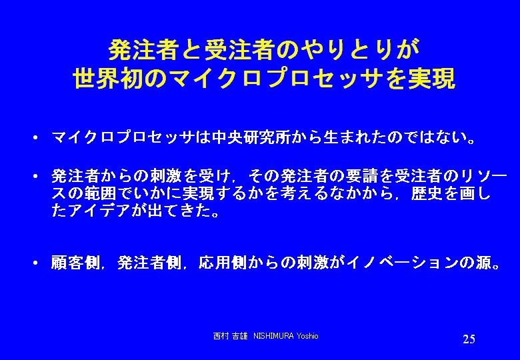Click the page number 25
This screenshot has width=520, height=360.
[469, 339]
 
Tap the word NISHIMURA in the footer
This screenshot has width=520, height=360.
[273, 336]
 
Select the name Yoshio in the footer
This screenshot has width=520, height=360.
[307, 336]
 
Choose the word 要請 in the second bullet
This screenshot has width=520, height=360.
[361, 177]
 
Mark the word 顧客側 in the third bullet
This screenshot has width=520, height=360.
[75, 263]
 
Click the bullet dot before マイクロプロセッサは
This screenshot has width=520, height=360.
[35, 137]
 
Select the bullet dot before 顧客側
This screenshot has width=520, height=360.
[35, 263]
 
